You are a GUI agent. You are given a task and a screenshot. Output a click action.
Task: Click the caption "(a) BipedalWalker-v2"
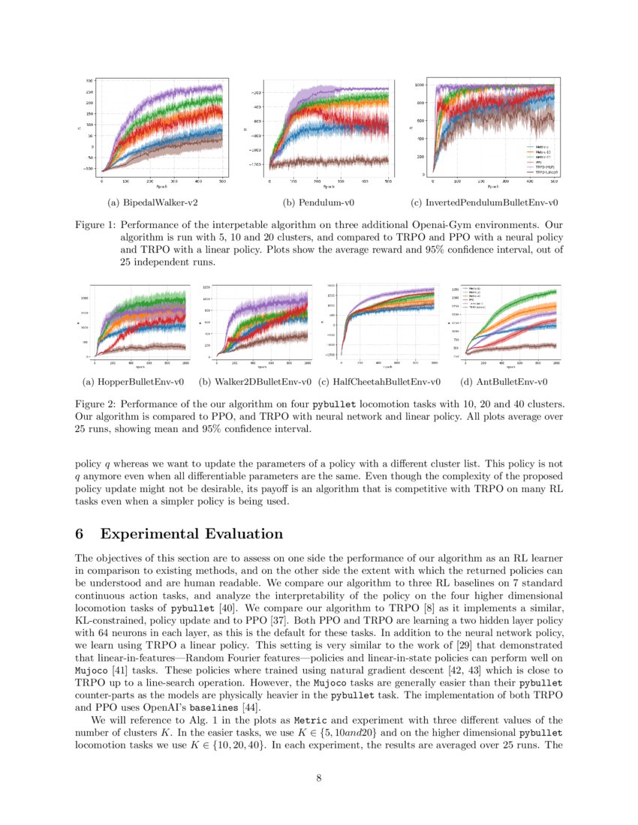154,202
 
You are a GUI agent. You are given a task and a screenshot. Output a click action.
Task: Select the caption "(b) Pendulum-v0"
318,202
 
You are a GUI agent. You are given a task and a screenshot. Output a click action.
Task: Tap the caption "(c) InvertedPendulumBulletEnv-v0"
485,202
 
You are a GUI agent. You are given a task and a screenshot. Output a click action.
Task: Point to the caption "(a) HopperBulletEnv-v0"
133,382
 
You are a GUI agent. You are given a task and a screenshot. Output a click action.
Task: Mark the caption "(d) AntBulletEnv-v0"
504,382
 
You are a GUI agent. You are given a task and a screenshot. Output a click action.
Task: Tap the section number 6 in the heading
80,534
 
